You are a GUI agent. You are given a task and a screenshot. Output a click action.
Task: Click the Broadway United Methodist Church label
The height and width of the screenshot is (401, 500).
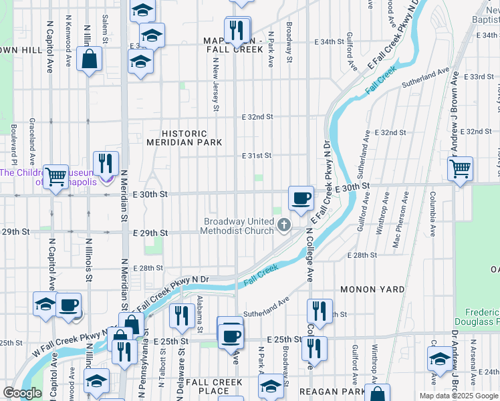point(238,226)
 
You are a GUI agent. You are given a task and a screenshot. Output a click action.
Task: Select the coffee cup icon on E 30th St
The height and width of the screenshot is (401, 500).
point(301,198)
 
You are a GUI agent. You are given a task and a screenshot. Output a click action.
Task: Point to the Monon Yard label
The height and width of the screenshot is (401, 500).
point(372,289)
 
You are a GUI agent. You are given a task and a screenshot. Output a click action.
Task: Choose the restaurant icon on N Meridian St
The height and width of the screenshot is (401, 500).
point(106,164)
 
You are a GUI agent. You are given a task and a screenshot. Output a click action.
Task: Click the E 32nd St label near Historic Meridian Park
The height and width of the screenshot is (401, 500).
point(257,116)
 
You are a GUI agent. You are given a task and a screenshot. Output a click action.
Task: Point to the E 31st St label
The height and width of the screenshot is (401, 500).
point(257,155)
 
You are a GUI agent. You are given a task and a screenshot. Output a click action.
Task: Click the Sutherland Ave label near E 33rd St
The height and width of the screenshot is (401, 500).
point(425,78)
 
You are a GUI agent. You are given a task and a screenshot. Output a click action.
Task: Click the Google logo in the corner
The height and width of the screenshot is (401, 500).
point(23,393)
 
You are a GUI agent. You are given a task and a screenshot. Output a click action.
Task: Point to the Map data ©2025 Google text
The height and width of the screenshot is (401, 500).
point(458,396)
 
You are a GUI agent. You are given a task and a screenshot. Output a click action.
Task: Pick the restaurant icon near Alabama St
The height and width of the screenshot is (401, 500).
point(181,315)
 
